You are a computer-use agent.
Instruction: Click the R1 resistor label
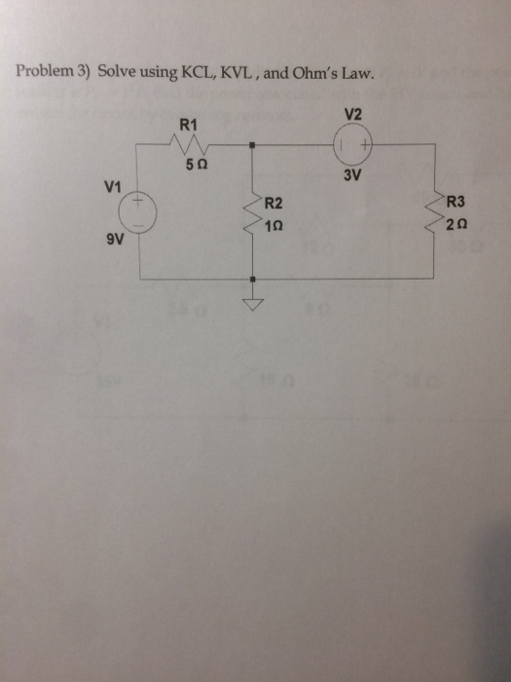pyautogui.click(x=188, y=126)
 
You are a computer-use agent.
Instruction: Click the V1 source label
pyautogui.click(x=113, y=187)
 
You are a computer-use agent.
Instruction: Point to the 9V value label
pyautogui.click(x=115, y=240)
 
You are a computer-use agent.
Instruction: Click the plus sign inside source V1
pyautogui.click(x=138, y=201)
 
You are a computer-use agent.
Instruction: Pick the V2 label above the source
pyautogui.click(x=352, y=115)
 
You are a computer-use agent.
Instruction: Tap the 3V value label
pyautogui.click(x=352, y=175)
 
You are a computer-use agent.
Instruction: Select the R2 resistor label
pyautogui.click(x=274, y=203)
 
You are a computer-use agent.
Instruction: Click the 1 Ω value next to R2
pyautogui.click(x=274, y=226)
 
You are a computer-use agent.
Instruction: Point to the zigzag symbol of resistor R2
pyautogui.click(x=252, y=213)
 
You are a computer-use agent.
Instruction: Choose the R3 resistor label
pyautogui.click(x=456, y=202)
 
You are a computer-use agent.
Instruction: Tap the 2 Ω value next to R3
pyautogui.click(x=457, y=225)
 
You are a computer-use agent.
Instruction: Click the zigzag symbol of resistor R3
pyautogui.click(x=435, y=212)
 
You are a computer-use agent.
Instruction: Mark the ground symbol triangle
pyautogui.click(x=252, y=305)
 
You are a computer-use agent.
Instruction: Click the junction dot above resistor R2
pyautogui.click(x=252, y=145)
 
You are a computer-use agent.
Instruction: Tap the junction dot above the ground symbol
pyautogui.click(x=252, y=279)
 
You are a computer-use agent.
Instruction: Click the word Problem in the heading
pyautogui.click(x=45, y=71)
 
